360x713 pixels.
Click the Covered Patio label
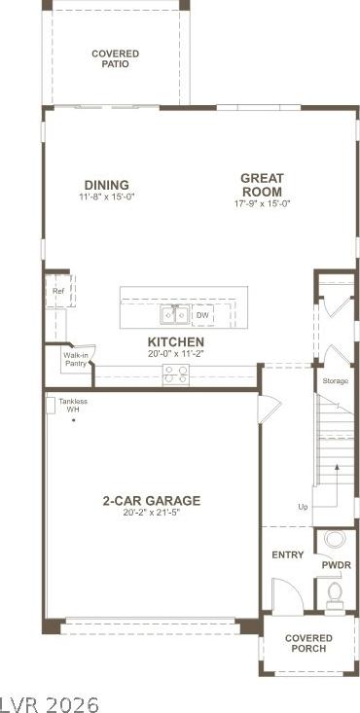click(115, 59)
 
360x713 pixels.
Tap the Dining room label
click(106, 185)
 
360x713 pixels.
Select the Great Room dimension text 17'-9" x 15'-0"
click(262, 203)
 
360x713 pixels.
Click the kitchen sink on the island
click(175, 314)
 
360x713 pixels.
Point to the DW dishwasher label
click(202, 315)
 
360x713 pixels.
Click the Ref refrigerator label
click(57, 291)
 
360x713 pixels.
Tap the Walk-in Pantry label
click(76, 359)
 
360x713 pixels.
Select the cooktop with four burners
click(176, 375)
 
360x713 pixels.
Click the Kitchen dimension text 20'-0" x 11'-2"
click(175, 353)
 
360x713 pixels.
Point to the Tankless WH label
click(73, 406)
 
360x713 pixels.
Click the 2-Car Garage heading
click(151, 501)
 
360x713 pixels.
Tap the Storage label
click(336, 381)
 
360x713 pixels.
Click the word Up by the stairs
click(303, 507)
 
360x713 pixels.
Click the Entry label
click(288, 554)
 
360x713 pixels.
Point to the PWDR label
click(337, 566)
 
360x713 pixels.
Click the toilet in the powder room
click(335, 593)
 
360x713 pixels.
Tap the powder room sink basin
click(336, 540)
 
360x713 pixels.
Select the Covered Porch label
click(308, 643)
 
